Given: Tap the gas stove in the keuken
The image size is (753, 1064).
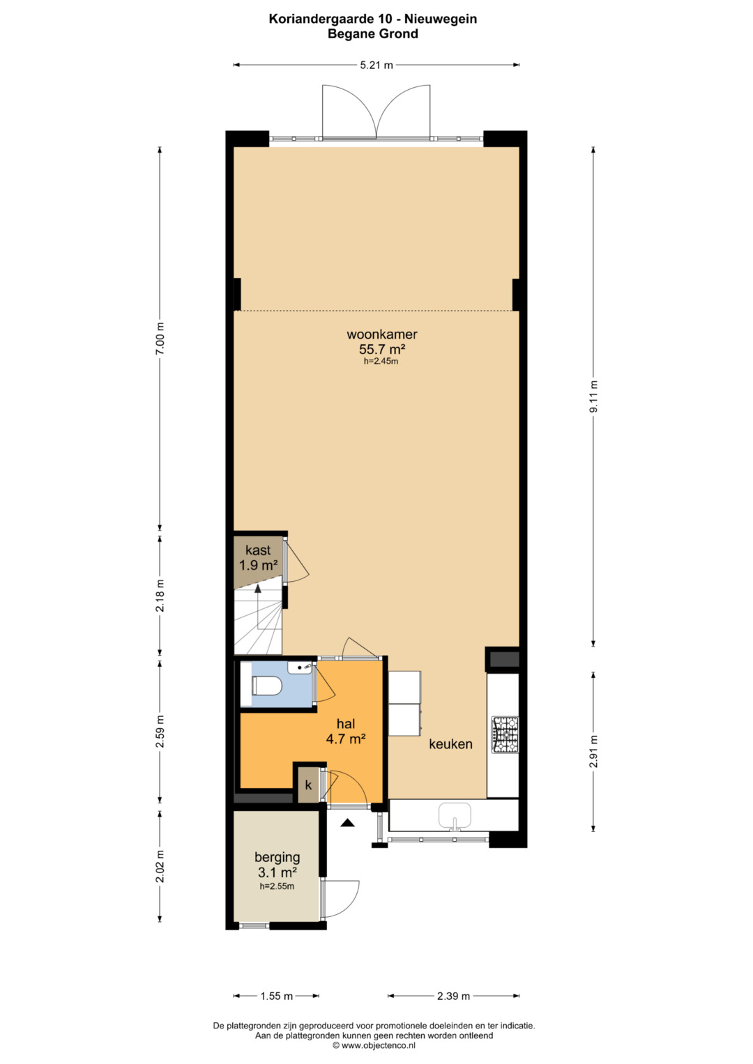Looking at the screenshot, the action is pos(505,735).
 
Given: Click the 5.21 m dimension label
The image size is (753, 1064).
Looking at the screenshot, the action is pos(376,65).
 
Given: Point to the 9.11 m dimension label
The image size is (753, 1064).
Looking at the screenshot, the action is pos(593,396).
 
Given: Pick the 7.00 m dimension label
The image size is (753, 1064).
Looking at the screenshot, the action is pos(160,338).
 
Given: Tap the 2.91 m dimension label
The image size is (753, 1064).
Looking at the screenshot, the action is pos(593,751).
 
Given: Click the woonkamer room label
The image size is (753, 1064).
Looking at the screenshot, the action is pos(382,334).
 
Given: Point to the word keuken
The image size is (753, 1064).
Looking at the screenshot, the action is pos(450,744).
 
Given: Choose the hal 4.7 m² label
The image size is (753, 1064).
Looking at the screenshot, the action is pos(346,731).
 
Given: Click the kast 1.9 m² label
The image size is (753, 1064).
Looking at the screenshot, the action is pos(258,557).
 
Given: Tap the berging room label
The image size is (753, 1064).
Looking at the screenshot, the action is pos(277,857).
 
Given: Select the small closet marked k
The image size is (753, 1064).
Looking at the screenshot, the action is pos(308,785).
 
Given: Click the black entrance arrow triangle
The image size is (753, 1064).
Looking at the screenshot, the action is pos(348,822).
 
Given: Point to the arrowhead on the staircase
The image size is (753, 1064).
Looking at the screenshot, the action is pos(258,589).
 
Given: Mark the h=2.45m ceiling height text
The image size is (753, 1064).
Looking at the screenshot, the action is pos(381,361).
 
